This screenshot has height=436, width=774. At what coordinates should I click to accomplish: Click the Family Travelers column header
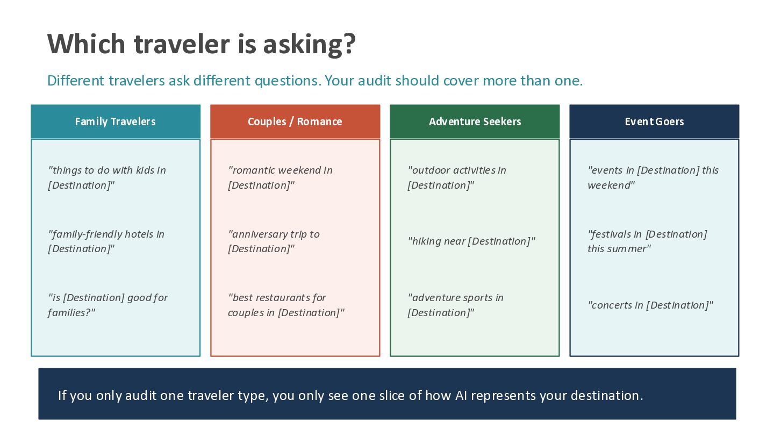pos(116,121)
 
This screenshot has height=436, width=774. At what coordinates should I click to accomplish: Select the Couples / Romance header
pos(295,121)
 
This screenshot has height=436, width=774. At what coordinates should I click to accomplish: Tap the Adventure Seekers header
pos(475,121)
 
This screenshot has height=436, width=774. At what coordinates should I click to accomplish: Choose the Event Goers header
pos(655,121)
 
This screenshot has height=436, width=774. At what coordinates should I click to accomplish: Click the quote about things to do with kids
pos(107,177)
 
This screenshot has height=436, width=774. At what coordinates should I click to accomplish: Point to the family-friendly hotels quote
pos(106,241)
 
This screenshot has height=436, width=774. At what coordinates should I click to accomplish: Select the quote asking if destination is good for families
pos(108,305)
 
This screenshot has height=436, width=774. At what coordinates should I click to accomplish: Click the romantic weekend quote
pos(280,177)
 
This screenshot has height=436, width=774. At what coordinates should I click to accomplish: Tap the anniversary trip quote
pos(274,241)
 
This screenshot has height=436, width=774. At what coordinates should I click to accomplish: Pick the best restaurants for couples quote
pos(286,305)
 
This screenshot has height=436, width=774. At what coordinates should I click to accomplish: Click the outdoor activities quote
pos(457,177)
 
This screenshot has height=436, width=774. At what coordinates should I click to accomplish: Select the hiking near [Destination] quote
pos(471,241)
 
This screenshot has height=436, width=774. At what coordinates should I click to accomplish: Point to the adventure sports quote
pos(455,305)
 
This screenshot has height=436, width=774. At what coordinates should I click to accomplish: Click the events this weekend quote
pos(653,177)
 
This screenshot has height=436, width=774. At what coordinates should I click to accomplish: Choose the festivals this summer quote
pos(647,241)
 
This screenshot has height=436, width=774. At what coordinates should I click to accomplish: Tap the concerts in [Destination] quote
pos(650,305)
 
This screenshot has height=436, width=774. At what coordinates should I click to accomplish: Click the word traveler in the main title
pos(182,44)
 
